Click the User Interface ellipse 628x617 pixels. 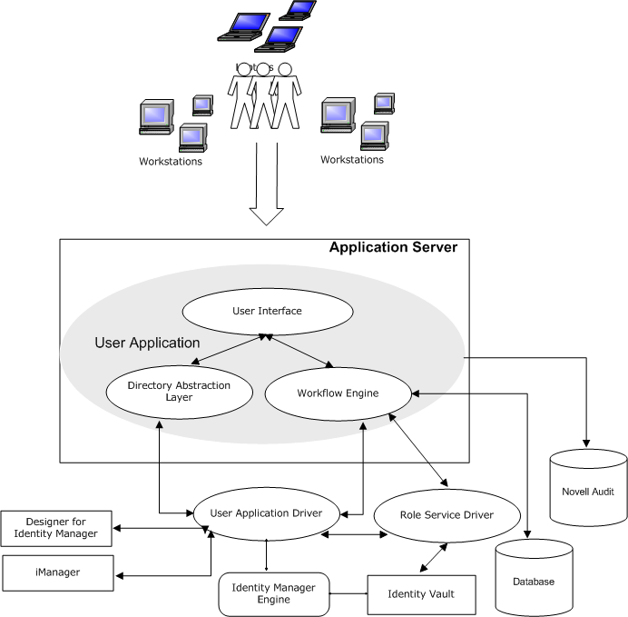[267, 312]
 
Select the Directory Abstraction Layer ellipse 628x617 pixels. [166, 392]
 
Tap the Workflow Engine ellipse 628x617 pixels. [338, 393]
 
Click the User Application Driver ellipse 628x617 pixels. [266, 513]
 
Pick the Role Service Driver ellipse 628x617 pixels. [446, 515]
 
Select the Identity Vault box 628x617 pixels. [420, 594]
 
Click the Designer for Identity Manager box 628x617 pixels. [56, 529]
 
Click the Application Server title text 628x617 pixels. [393, 247]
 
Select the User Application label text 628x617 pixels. [147, 343]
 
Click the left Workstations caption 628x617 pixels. [171, 162]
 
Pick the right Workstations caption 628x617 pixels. [352, 160]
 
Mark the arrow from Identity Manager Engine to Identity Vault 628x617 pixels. [348, 594]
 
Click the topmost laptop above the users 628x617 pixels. [298, 9]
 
